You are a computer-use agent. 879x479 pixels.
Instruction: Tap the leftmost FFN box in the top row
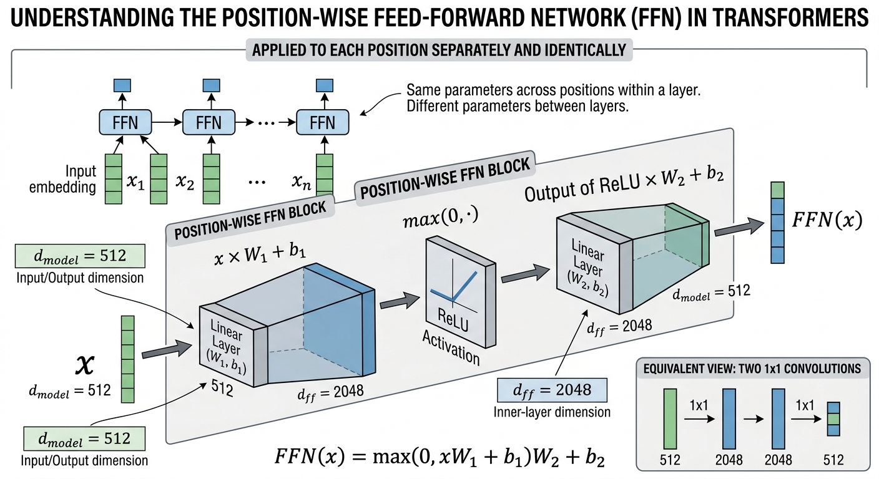(125, 122)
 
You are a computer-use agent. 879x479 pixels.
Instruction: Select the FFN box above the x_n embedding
(322, 122)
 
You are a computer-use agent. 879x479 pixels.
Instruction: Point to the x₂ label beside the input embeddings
(185, 181)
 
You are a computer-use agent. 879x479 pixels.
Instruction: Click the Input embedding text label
(63, 179)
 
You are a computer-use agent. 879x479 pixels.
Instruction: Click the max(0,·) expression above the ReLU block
(441, 218)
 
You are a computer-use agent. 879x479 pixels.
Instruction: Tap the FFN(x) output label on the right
(827, 220)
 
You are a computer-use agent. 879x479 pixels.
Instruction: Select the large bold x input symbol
(85, 364)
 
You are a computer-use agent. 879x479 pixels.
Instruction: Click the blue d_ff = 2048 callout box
(552, 390)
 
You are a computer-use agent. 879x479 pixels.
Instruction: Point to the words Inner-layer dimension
(552, 412)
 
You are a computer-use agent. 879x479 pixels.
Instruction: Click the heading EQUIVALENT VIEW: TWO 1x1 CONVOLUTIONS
(752, 369)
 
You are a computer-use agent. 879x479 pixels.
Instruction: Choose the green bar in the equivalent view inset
(670, 419)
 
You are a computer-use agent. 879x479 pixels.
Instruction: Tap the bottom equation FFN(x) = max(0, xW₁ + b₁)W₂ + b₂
(439, 457)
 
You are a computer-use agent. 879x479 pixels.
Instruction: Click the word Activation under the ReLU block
(451, 347)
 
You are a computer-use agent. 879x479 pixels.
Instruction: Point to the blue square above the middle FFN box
(211, 85)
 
